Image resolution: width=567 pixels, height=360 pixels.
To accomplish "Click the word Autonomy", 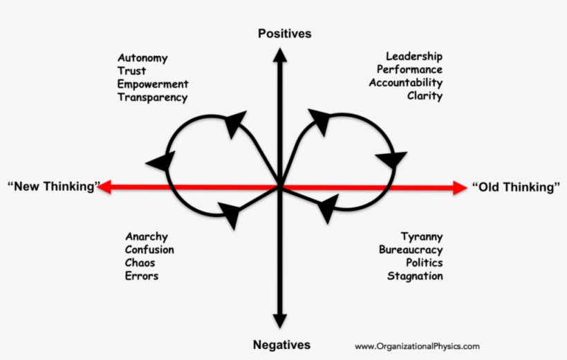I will [x=142, y=58].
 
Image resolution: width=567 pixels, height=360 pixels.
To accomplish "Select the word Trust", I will [x=131, y=71].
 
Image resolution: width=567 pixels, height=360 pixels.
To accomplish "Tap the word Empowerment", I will [x=152, y=84].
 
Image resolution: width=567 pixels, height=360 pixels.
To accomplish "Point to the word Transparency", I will [x=152, y=97].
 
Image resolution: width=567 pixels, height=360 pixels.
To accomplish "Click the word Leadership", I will [x=414, y=57].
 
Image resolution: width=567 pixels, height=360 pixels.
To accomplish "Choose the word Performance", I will [x=409, y=70].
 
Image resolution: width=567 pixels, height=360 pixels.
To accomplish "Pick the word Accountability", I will [x=405, y=83].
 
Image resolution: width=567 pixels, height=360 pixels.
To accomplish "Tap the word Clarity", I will [x=425, y=96].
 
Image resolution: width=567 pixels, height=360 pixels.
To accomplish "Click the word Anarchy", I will [x=146, y=236].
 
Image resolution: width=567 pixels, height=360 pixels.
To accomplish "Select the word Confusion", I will [x=149, y=249].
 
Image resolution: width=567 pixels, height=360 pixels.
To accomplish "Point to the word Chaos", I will [x=140, y=263].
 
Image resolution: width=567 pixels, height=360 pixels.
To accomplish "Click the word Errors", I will [x=142, y=276].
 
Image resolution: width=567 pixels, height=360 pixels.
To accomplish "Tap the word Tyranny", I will [x=421, y=236].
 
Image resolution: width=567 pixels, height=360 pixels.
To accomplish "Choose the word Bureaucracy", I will [x=411, y=249].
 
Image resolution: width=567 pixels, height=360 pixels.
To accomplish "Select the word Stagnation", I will [x=415, y=276].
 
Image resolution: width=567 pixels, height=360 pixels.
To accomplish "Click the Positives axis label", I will [x=284, y=33].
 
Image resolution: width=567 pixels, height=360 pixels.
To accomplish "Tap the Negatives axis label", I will [x=281, y=344].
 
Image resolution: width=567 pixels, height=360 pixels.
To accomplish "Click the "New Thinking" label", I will [x=54, y=186].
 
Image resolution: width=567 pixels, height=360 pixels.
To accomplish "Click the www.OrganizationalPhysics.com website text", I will [x=417, y=346].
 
